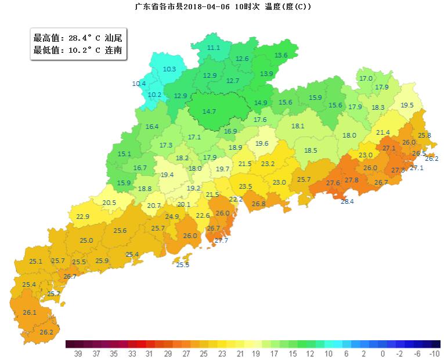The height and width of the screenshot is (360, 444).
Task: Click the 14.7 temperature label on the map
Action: [x=209, y=111]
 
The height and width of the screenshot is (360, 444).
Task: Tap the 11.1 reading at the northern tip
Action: [x=214, y=48]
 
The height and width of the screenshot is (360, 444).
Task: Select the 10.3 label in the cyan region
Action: [x=169, y=69]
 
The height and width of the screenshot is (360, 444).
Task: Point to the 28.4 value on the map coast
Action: [x=346, y=201]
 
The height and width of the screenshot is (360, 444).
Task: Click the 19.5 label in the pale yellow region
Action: [x=407, y=105]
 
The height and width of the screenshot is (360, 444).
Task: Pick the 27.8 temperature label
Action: [x=351, y=181]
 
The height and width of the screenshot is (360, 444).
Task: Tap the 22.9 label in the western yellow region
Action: [x=83, y=217]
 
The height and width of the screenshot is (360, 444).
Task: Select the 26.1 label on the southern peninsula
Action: [x=30, y=312]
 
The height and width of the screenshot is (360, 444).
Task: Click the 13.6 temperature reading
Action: [x=281, y=55]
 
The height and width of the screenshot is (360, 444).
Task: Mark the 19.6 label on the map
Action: [x=262, y=143]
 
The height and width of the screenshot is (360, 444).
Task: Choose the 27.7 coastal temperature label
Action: [x=221, y=240]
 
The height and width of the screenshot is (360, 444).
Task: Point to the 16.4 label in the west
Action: [x=152, y=127]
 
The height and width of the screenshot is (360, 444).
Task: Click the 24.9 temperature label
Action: [x=172, y=217]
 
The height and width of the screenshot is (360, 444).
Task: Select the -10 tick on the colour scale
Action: [x=434, y=353]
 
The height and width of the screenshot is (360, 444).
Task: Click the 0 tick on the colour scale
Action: [x=382, y=353]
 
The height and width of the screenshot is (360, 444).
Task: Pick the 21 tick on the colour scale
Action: [x=240, y=353]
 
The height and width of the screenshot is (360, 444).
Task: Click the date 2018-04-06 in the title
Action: [x=208, y=7]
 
